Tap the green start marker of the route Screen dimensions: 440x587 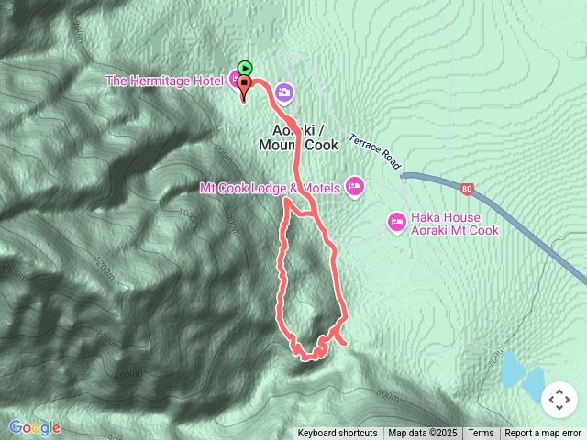[x=245, y=67]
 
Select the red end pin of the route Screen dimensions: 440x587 [x=245, y=85]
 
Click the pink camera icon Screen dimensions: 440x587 [x=283, y=92]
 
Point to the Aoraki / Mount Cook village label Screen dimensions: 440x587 [x=299, y=137]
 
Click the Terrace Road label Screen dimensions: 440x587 [x=374, y=151]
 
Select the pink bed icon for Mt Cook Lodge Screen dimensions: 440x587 [x=355, y=188]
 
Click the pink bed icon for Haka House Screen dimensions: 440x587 [x=396, y=221]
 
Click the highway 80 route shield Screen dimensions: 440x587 [x=468, y=190]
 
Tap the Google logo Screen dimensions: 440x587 [x=34, y=427]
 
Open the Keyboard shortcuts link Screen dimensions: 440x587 [x=337, y=434]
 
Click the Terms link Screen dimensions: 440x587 [x=481, y=434]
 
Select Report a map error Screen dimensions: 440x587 [x=545, y=434]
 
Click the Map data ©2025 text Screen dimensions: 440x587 [x=422, y=434]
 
